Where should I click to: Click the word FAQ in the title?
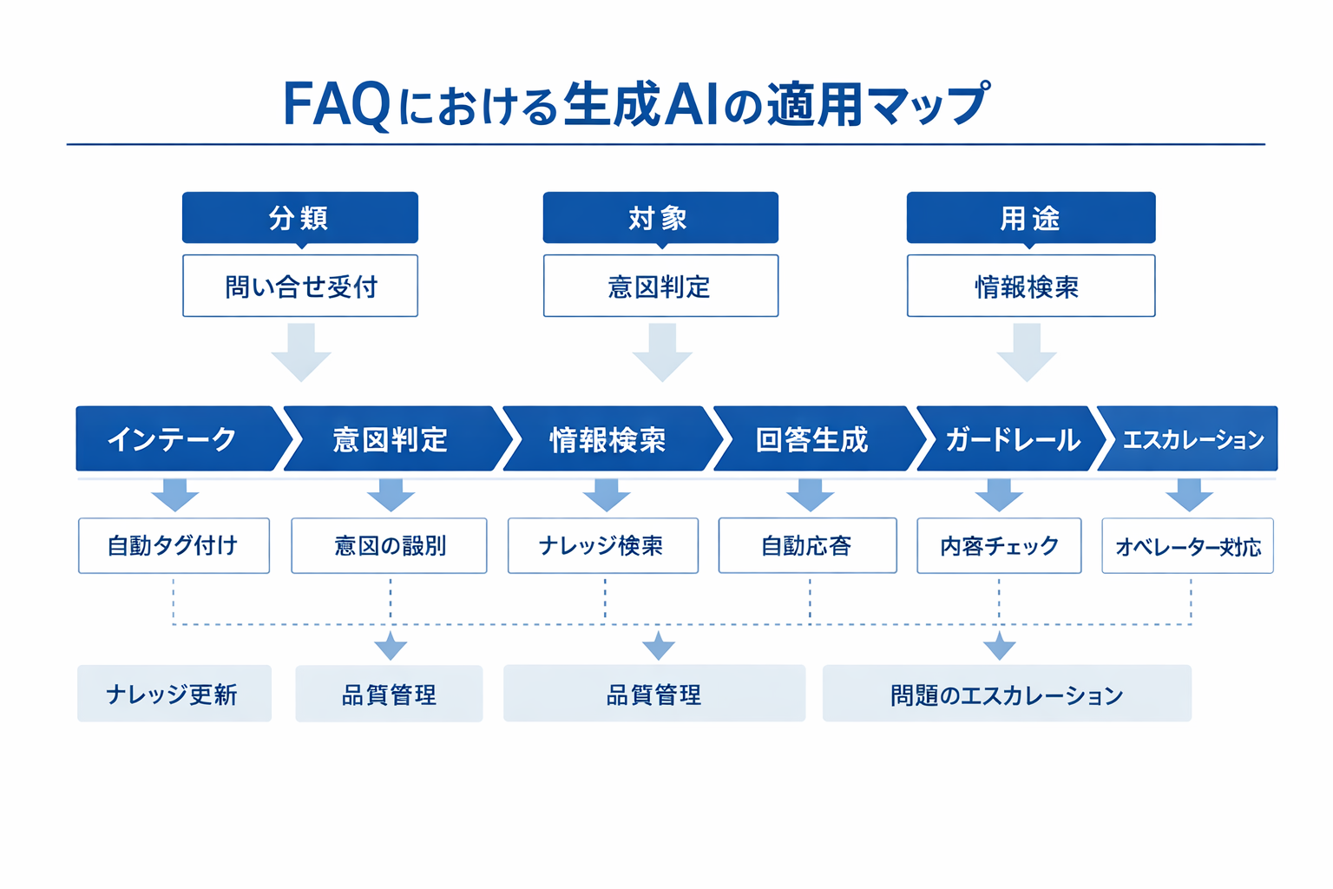(337, 105)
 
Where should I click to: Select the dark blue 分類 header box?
(299, 218)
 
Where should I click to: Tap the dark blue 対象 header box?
(660, 218)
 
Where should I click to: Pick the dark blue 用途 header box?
(1030, 218)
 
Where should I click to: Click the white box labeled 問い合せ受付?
(299, 286)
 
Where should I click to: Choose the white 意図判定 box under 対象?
(660, 286)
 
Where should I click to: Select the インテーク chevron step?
(174, 439)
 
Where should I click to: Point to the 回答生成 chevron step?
(811, 439)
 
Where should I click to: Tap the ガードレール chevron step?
(1011, 439)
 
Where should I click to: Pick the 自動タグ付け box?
(174, 546)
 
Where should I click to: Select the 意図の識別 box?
(389, 546)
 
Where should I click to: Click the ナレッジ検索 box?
(602, 546)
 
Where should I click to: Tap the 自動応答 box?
(807, 546)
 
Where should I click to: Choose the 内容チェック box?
(999, 546)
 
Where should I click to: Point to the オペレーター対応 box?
(1187, 546)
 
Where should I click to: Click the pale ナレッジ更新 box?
(174, 694)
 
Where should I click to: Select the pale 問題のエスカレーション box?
(1007, 694)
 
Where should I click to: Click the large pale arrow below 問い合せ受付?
(301, 352)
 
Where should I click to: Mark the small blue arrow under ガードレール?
(999, 495)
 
